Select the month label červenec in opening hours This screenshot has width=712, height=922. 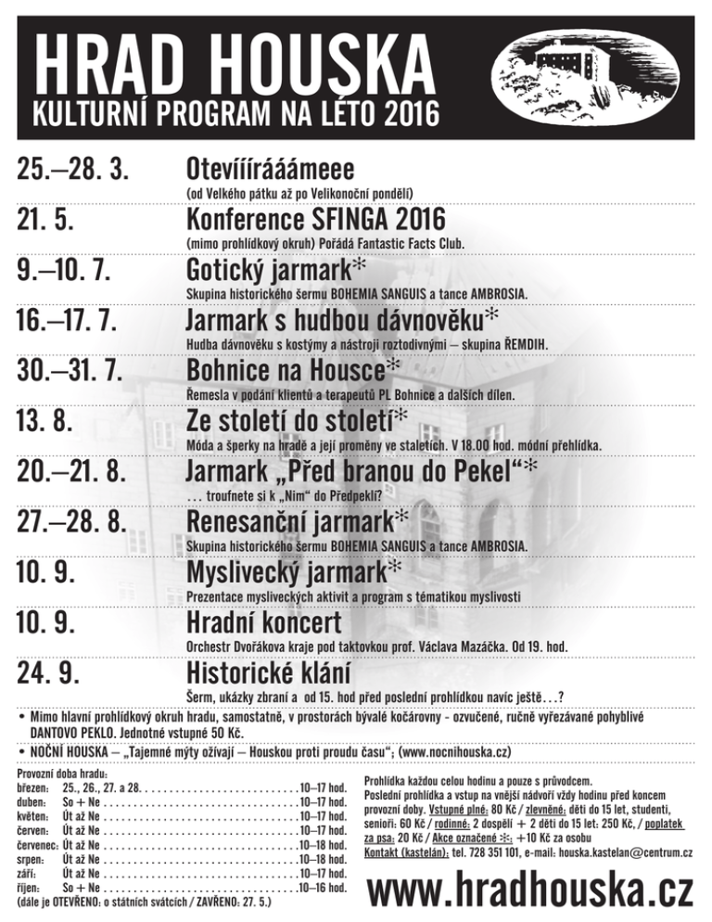pos(38,844)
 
